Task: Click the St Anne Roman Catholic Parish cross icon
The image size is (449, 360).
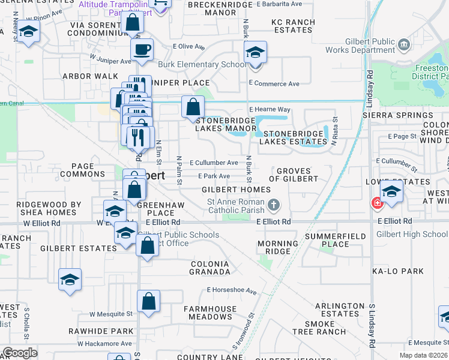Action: tap(274, 206)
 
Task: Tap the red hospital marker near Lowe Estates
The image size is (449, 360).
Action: tap(377, 203)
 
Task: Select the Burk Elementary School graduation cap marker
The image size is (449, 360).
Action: tap(255, 53)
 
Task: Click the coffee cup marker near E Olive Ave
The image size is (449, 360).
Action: tap(142, 49)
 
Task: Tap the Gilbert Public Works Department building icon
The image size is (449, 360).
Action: tap(403, 44)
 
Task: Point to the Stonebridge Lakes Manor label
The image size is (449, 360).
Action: tap(227, 124)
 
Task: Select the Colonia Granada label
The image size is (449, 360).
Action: tap(210, 268)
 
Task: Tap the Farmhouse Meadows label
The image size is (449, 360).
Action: tap(208, 313)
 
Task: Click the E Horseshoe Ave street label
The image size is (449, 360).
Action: tap(232, 290)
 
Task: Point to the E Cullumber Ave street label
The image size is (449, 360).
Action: tap(214, 163)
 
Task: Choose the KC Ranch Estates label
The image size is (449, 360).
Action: tap(294, 26)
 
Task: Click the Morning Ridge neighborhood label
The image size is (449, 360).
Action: tap(278, 247)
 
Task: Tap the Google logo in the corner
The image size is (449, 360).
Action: tap(20, 353)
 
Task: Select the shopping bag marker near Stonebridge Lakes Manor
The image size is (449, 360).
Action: tap(193, 107)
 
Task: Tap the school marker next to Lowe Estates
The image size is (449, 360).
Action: tap(391, 191)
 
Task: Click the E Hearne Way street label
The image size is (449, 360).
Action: tap(270, 109)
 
